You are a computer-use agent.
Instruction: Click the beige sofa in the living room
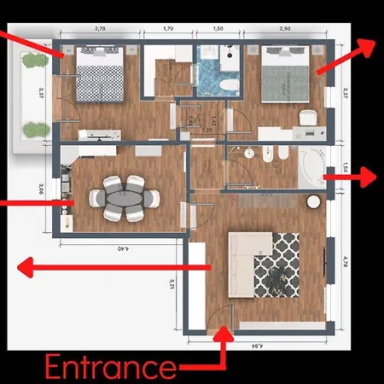click(x=241, y=259)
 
